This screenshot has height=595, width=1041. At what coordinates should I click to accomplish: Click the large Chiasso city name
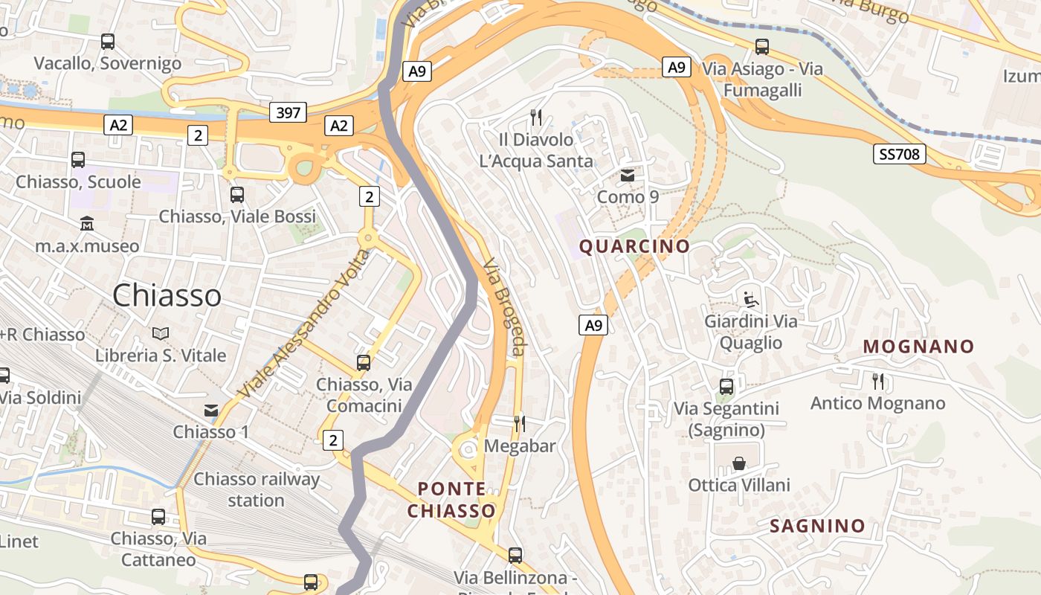pyautogui.click(x=167, y=295)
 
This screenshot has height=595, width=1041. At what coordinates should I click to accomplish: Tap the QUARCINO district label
pyautogui.click(x=634, y=246)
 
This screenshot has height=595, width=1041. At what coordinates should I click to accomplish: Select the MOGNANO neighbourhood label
pyautogui.click(x=918, y=347)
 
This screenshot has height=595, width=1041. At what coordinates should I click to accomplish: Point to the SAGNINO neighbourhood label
pyautogui.click(x=817, y=527)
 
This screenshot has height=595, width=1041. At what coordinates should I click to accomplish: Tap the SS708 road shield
pyautogui.click(x=899, y=154)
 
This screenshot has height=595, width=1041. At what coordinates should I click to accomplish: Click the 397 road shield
pyautogui.click(x=288, y=112)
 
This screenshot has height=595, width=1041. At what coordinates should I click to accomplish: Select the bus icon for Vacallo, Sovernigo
pyautogui.click(x=108, y=42)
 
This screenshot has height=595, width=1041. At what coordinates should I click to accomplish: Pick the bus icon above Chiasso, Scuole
pyautogui.click(x=78, y=160)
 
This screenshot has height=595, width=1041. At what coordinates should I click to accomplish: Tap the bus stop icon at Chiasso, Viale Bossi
pyautogui.click(x=237, y=195)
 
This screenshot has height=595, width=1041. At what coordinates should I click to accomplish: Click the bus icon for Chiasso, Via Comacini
pyautogui.click(x=364, y=363)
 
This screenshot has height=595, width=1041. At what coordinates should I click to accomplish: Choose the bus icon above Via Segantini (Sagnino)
pyautogui.click(x=726, y=387)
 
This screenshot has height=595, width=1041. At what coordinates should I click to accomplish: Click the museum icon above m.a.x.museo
pyautogui.click(x=87, y=224)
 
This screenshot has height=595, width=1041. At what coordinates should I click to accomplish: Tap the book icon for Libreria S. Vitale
pyautogui.click(x=161, y=334)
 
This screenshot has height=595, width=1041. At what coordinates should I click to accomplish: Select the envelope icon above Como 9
pyautogui.click(x=628, y=176)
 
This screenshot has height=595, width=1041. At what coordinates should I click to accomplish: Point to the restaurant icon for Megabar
pyautogui.click(x=520, y=424)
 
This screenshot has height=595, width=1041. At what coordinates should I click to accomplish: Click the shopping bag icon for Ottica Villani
pyautogui.click(x=739, y=464)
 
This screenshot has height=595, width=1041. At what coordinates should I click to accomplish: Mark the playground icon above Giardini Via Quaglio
pyautogui.click(x=751, y=300)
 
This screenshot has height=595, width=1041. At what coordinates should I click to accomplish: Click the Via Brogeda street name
pyautogui.click(x=505, y=306)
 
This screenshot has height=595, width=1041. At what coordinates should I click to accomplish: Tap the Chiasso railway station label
pyautogui.click(x=257, y=489)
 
